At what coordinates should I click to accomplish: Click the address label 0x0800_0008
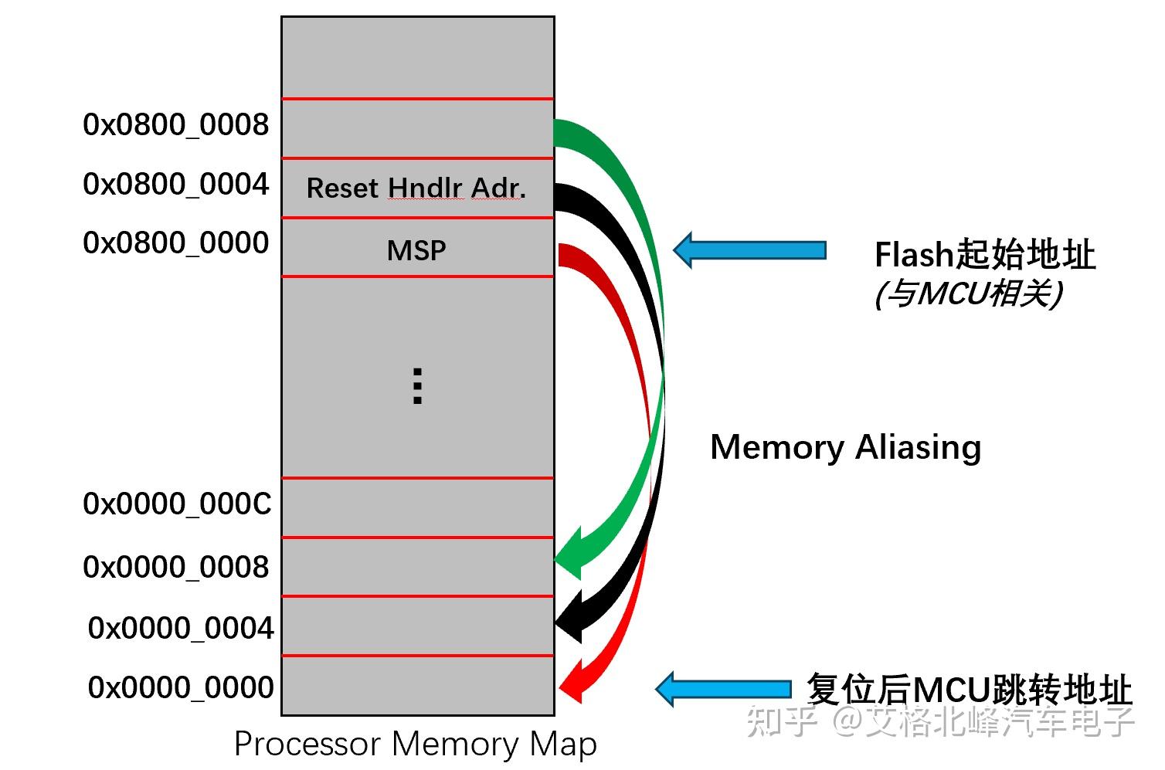tap(176, 124)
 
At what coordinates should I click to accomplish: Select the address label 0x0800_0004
tap(176, 184)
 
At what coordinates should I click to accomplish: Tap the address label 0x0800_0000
tap(176, 243)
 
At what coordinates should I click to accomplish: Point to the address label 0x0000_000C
tap(177, 504)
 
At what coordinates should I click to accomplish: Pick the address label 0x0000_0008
tap(176, 567)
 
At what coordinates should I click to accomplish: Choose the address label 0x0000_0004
tap(181, 628)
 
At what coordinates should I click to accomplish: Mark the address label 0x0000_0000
tap(181, 687)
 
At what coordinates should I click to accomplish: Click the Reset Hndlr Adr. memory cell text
tap(416, 188)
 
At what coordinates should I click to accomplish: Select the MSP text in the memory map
tap(416, 250)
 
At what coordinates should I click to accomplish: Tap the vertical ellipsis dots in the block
tap(417, 386)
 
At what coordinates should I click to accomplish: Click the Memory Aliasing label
tap(845, 447)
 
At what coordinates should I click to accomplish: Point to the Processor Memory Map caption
tap(415, 745)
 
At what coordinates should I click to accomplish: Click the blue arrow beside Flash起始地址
tap(749, 250)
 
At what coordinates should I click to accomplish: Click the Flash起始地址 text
tap(984, 254)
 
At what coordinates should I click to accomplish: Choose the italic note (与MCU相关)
tap(969, 293)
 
